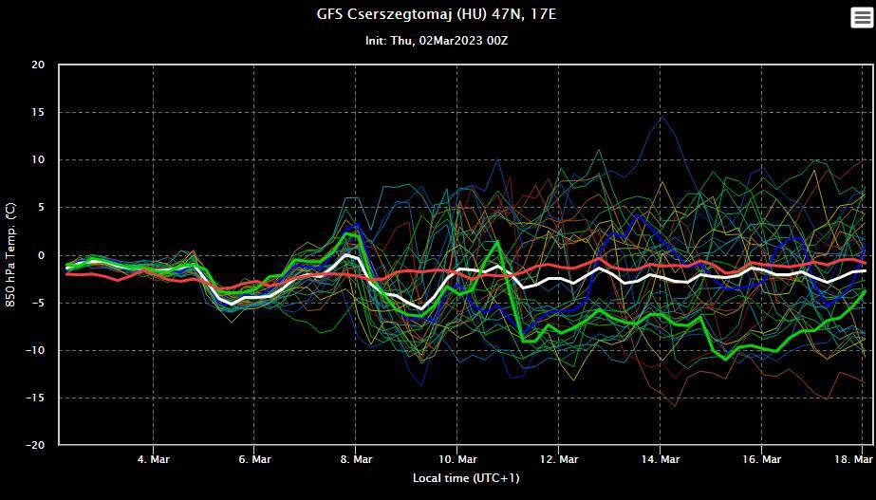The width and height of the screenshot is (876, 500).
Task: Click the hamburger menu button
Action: [860, 18]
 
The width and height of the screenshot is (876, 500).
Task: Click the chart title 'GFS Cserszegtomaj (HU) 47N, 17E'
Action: [438, 14]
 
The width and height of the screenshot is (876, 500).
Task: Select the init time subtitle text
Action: [438, 41]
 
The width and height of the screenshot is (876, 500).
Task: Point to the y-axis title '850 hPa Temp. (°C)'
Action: [11, 254]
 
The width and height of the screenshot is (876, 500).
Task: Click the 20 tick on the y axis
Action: [38, 65]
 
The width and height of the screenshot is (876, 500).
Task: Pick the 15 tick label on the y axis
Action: [38, 113]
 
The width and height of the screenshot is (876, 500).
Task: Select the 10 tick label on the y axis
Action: [38, 160]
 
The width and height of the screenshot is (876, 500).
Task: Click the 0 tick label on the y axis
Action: [41, 255]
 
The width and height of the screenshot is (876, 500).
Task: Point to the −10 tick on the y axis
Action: [35, 350]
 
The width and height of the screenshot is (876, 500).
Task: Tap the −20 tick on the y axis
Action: [35, 445]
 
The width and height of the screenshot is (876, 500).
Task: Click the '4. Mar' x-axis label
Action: [153, 459]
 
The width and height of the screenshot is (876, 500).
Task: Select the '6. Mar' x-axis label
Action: [254, 459]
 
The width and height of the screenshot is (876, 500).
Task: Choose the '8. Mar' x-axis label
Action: [356, 459]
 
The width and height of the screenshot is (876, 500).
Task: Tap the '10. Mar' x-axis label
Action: [457, 459]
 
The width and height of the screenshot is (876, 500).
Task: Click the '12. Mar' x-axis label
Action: [559, 459]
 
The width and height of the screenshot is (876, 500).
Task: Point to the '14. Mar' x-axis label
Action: [661, 459]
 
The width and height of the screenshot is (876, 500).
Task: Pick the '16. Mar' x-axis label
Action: [762, 459]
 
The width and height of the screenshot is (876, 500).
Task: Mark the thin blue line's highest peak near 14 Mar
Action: [662, 116]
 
